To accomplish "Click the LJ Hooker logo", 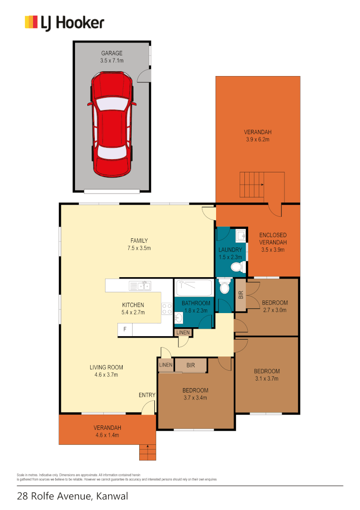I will pos(64,23).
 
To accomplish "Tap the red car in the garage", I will pos(112,124).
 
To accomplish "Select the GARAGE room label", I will pos(112,53).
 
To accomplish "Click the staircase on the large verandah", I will pos(252,185).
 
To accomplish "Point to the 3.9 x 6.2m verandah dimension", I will pos(257,140).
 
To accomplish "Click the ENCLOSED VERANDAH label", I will pos(273,238).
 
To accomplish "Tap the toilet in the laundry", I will pos(237,268).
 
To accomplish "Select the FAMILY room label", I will pos(139,241).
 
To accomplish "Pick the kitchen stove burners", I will pos(167,309).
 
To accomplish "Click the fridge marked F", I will pos(125,329).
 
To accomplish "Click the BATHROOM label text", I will pos(196,303).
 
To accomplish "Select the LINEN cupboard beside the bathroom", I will pos(183,332).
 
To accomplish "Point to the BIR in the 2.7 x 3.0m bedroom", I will pos(240,296).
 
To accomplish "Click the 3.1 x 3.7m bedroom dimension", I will pos(267,378).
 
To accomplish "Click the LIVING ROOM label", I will pos(106,367).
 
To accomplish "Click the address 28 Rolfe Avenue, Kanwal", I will pos(72,496).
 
